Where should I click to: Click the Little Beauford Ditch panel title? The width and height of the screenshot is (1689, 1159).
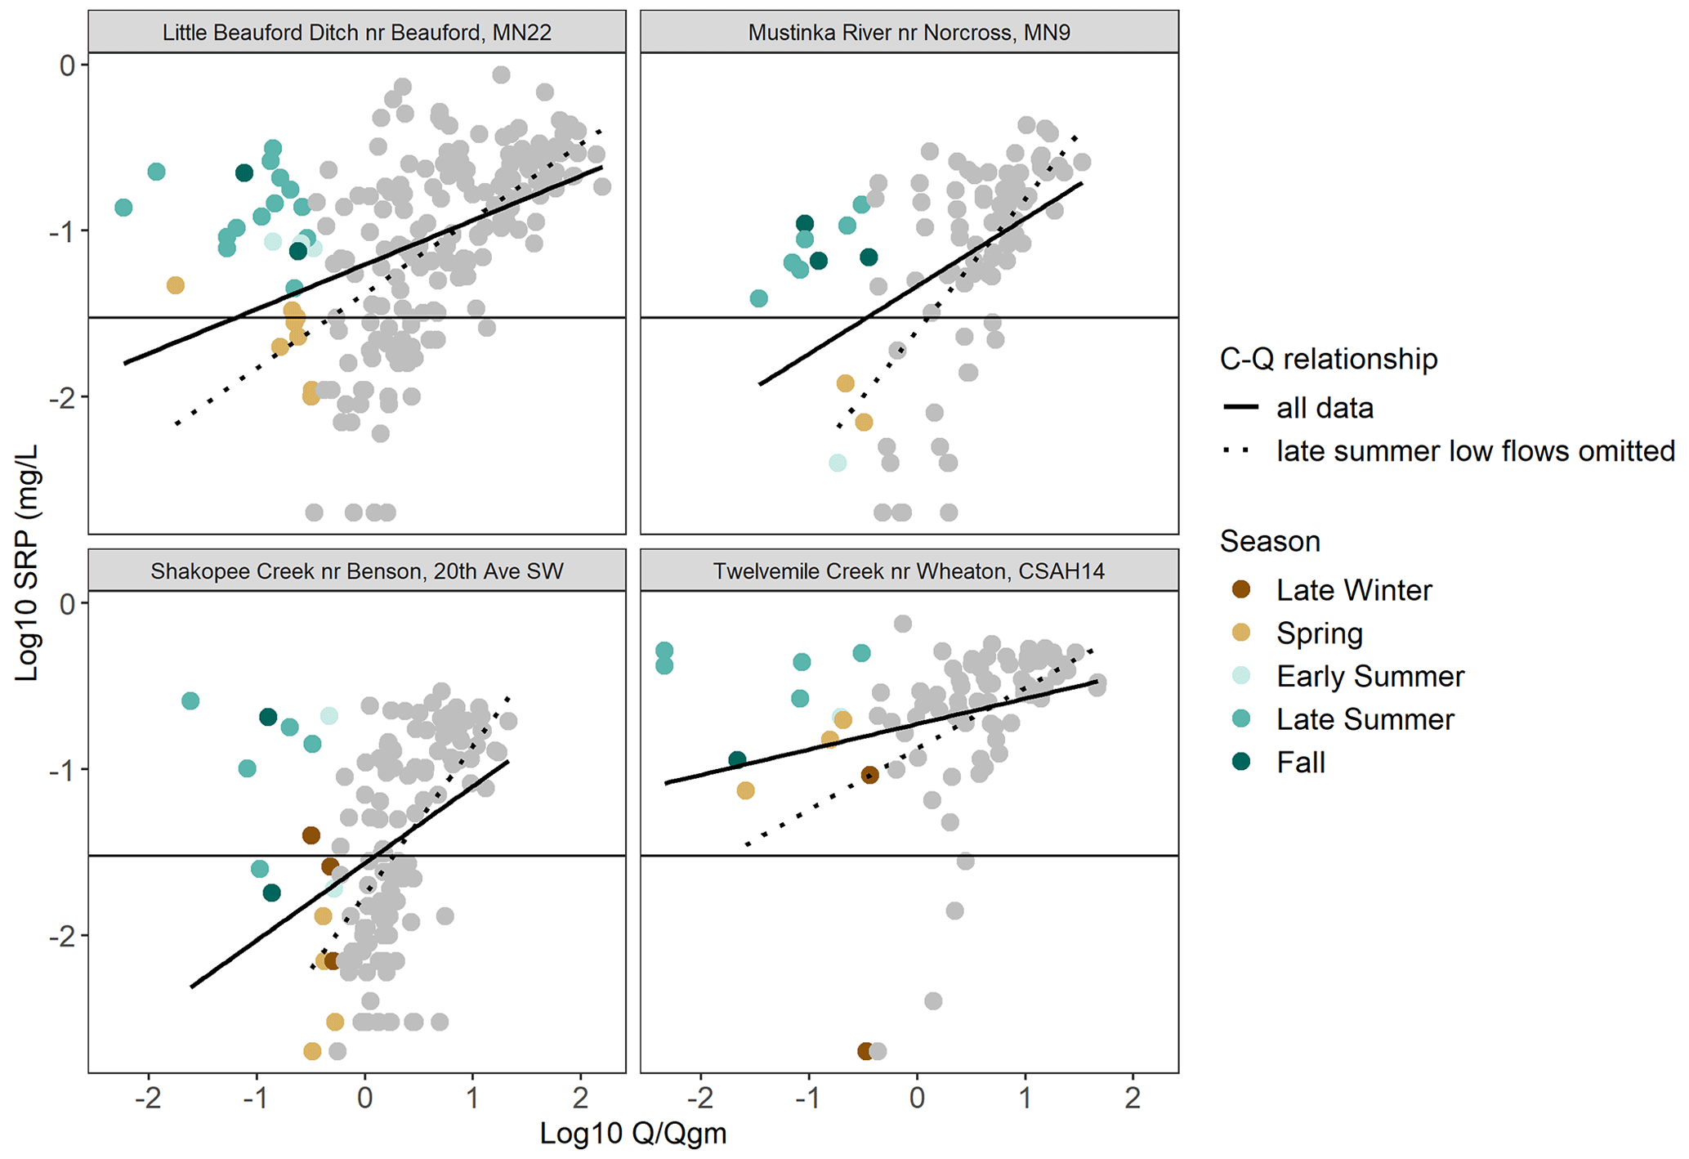(x=356, y=33)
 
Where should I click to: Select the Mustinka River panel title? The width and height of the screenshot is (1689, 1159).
(x=909, y=33)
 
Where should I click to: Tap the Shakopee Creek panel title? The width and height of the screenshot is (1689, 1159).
(x=356, y=571)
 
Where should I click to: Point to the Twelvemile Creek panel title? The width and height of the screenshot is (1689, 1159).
(x=909, y=571)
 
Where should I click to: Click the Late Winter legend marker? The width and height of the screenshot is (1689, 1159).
(x=1241, y=589)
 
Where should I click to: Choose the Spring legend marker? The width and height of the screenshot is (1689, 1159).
(x=1241, y=633)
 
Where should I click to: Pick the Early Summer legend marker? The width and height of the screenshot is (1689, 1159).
(x=1241, y=675)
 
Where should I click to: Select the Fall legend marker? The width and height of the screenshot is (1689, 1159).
(x=1241, y=762)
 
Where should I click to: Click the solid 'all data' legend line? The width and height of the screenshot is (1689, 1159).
(x=1240, y=407)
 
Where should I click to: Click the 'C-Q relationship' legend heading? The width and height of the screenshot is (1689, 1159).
(x=1328, y=359)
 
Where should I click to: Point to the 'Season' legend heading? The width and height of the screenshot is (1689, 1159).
(x=1269, y=541)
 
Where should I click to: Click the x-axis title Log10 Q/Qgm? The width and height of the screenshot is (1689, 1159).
(x=633, y=1134)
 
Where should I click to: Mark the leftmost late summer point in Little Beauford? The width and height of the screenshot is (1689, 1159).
(x=123, y=207)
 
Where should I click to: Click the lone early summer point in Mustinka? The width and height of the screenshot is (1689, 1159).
(x=838, y=463)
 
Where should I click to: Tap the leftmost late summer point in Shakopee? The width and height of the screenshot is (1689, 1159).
(x=190, y=700)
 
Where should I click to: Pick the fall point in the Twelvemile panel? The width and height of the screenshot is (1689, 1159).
(x=737, y=759)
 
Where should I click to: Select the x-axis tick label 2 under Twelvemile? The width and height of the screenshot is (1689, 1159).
(x=1133, y=1098)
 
